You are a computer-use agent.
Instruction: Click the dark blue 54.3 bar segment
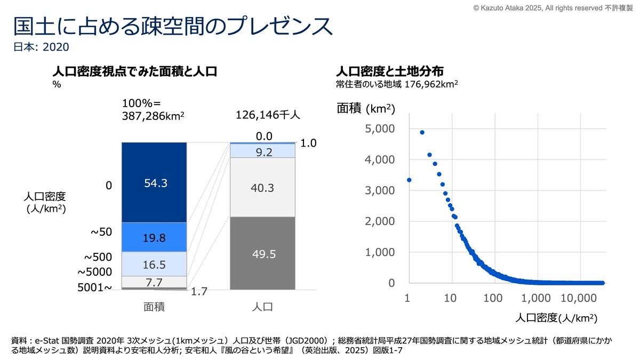coord(154,182)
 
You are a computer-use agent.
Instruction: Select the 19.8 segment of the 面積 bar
coord(154,237)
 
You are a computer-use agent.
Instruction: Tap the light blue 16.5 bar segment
coord(154,264)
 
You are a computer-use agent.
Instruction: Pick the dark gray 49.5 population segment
coord(262,253)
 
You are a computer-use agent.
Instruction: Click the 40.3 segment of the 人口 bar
coord(262,187)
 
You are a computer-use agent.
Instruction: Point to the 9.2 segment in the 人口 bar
coord(262,151)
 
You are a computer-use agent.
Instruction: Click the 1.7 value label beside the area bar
coord(199,291)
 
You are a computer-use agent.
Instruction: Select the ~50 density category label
coord(101,231)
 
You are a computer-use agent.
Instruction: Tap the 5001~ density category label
coord(94,287)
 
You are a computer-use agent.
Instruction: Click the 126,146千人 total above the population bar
coord(268,115)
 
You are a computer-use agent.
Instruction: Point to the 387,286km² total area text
coord(153,116)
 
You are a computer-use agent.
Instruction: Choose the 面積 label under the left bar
coord(154,307)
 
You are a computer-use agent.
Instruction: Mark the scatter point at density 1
coord(409,180)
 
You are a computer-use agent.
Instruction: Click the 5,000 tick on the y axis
coord(380,129)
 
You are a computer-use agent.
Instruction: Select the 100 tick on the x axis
coord(493,298)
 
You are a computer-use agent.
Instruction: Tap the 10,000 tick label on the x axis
coord(579,298)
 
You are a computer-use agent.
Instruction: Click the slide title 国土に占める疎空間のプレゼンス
coord(173,26)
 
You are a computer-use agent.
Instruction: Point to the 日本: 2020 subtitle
coord(41,47)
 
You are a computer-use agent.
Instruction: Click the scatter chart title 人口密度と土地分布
coord(390,71)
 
